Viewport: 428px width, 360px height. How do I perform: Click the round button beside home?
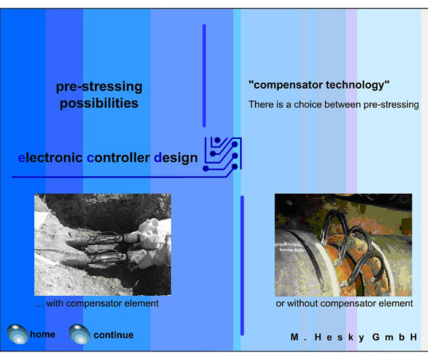pyautogui.click(x=18, y=334)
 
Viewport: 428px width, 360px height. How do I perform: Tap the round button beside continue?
pyautogui.click(x=79, y=334)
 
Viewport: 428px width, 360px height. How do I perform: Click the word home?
pyautogui.click(x=43, y=334)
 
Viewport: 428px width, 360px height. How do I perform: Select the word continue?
pyautogui.click(x=114, y=335)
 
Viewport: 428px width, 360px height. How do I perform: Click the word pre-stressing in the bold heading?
pyautogui.click(x=99, y=87)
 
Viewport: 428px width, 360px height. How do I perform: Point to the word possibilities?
pyautogui.click(x=99, y=103)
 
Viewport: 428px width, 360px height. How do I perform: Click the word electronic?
pyautogui.click(x=50, y=158)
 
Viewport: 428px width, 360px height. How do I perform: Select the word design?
pyautogui.click(x=176, y=158)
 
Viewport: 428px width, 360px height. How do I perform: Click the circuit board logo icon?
pyautogui.click(x=223, y=154)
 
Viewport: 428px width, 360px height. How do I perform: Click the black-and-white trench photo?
pyautogui.click(x=103, y=244)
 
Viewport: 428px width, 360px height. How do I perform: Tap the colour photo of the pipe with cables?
pyautogui.click(x=344, y=245)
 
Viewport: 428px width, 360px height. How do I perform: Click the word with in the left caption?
pyautogui.click(x=54, y=304)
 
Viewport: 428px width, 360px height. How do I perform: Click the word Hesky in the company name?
pyautogui.click(x=338, y=337)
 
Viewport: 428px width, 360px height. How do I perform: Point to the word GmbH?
pyautogui.click(x=394, y=337)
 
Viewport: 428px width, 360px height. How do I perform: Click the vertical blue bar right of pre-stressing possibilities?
pyautogui.click(x=204, y=76)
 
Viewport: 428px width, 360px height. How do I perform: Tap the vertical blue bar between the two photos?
pyautogui.click(x=242, y=265)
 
